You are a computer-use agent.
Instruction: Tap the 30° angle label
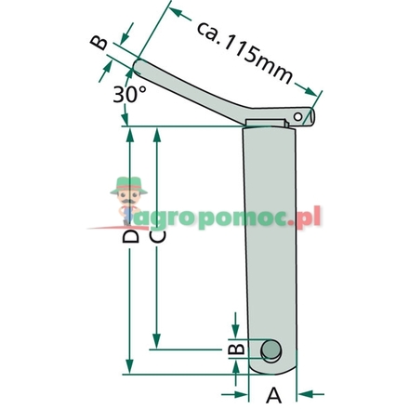129,94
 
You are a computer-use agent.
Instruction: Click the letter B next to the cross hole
237,350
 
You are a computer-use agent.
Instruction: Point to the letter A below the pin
273,394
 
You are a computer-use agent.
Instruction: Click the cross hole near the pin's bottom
270,350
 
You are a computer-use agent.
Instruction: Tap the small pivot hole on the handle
299,114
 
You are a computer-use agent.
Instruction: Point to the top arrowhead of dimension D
130,133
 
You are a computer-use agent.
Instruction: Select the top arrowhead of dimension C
159,133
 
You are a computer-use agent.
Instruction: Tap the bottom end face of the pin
271,371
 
